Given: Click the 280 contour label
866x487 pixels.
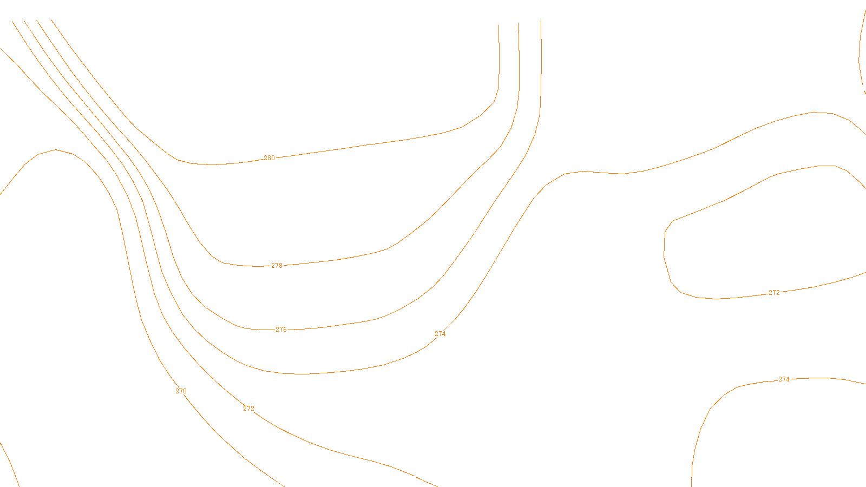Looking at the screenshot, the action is point(269,158).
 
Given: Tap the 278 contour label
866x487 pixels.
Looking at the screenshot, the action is point(277,266).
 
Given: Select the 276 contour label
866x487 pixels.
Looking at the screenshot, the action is point(281,330).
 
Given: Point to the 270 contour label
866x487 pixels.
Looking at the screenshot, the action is point(181,391).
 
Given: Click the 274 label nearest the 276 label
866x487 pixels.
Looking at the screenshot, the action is point(440,334).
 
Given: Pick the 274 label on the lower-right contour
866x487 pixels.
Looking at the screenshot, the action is point(784,379).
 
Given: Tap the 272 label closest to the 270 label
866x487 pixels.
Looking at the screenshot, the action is point(248,409).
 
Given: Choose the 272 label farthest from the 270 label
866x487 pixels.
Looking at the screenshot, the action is point(774,293).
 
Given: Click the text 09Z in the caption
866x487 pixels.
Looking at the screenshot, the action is point(410,478).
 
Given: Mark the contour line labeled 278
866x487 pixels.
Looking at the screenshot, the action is point(352,257).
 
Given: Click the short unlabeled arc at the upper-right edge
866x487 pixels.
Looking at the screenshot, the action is point(860,54).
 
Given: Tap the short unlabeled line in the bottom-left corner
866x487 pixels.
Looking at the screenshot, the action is point(10,463).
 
